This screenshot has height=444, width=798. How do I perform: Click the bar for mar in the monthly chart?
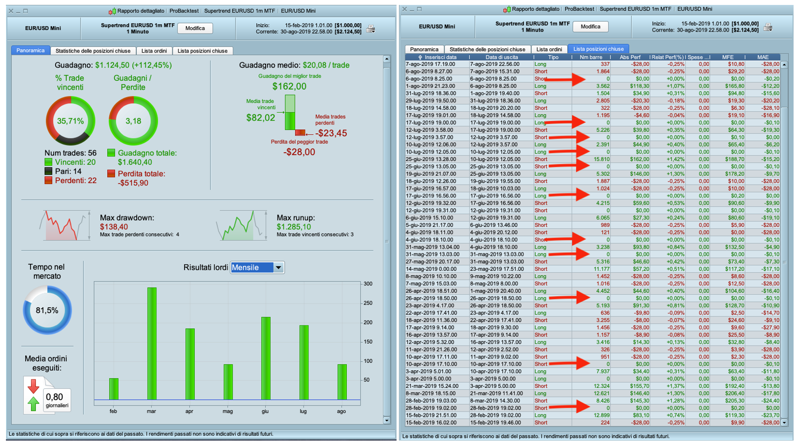[152, 343]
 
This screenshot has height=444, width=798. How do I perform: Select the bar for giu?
[266, 358]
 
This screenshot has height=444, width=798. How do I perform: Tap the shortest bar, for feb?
[114, 388]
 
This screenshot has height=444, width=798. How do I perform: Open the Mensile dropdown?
[278, 267]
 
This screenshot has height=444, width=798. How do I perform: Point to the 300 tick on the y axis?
[368, 284]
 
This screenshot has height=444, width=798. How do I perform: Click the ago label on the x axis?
[341, 411]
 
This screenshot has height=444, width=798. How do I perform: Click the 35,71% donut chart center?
[70, 121]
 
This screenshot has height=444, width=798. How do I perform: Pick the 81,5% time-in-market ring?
[47, 310]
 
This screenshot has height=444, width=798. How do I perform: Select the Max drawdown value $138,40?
[114, 227]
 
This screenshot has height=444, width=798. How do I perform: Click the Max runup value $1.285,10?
[294, 227]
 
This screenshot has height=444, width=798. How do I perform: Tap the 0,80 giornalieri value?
[55, 397]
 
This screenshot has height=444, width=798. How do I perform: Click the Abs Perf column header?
[630, 57]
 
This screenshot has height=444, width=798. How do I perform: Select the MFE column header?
[728, 57]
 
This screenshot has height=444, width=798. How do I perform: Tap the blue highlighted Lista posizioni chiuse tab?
[598, 49]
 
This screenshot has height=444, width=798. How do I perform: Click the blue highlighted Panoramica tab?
[31, 51]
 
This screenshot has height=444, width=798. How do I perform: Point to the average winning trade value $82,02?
[261, 118]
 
